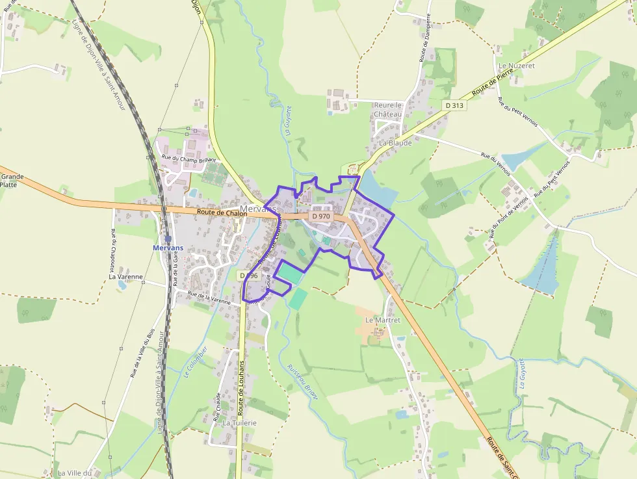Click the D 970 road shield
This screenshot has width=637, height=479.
(321, 216)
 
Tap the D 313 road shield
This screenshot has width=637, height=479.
(455, 105)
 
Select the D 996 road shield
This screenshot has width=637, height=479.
(249, 276)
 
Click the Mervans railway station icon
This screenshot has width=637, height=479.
(168, 239)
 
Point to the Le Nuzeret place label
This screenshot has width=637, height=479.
(515, 66)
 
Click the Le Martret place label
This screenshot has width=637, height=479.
(383, 320)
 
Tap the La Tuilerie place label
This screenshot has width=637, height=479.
(240, 422)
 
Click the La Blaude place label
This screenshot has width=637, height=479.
(395, 142)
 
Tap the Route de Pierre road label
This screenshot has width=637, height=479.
(493, 83)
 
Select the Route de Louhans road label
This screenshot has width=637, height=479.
(240, 387)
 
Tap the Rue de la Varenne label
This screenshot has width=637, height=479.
(209, 298)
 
